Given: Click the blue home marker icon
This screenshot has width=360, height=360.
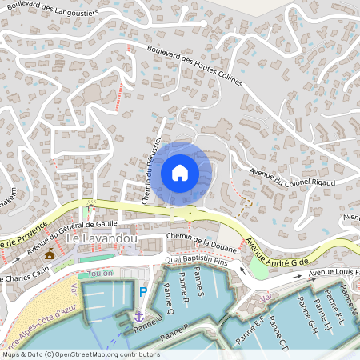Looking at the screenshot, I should click(x=179, y=173).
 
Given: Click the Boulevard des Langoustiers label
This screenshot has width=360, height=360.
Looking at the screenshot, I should click(x=53, y=11).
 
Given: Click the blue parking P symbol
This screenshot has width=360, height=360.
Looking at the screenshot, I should click(x=143, y=293).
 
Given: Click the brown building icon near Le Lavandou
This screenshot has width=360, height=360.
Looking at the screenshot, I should click(x=50, y=254).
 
